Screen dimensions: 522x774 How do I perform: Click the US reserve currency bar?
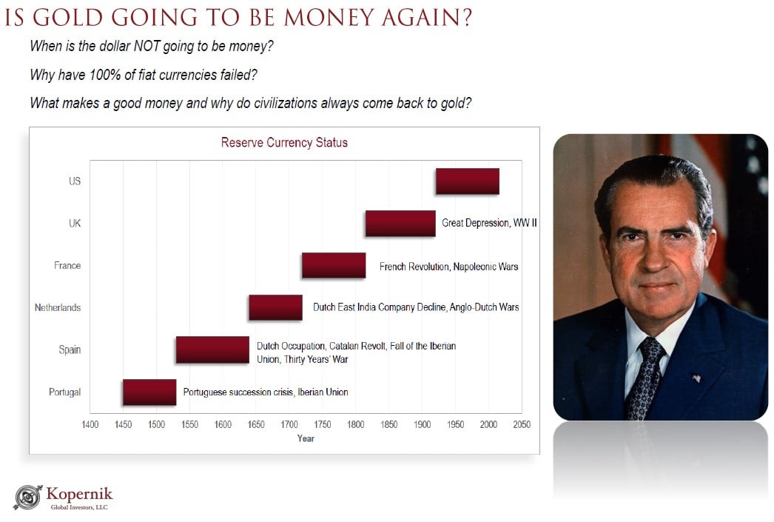click(x=467, y=181)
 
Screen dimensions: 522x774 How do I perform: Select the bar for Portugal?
click(x=149, y=392)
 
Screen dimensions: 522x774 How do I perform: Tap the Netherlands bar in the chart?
click(x=275, y=307)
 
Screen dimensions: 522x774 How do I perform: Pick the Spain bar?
click(x=212, y=349)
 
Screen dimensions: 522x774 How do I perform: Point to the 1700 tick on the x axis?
click(x=289, y=425)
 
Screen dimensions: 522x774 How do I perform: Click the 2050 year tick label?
click(x=521, y=425)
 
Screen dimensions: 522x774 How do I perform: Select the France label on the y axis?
click(x=67, y=265)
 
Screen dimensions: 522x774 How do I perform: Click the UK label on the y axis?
click(x=75, y=223)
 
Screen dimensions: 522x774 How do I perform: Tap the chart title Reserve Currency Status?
click(x=284, y=142)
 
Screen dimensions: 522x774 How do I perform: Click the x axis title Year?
click(x=306, y=438)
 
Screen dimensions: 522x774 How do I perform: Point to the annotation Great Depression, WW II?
click(x=489, y=223)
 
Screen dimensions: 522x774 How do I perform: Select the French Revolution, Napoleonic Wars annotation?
click(x=448, y=266)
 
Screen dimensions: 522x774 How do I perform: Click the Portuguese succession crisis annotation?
click(x=266, y=392)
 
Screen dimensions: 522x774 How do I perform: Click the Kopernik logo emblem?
click(x=28, y=497)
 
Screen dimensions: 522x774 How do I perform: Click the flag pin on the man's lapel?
click(x=696, y=378)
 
